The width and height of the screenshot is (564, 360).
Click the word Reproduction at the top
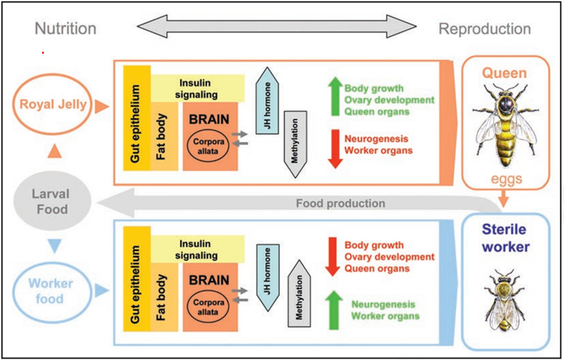(x=484, y=29)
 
